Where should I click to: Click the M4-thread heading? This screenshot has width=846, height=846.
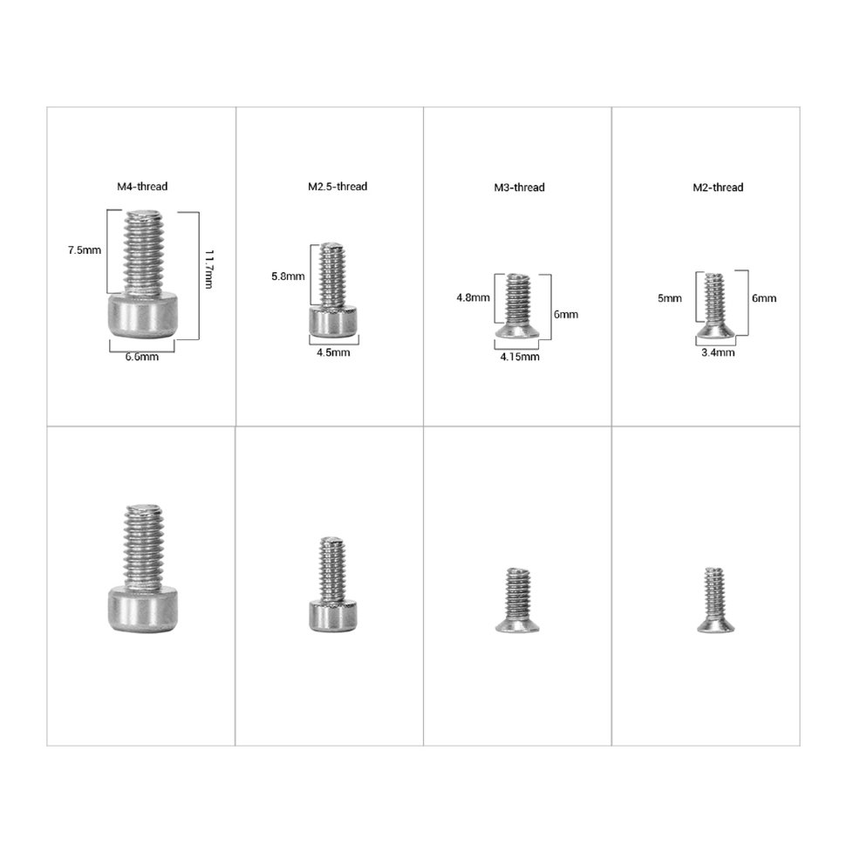pos(142,186)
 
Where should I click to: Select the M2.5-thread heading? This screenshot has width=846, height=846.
pos(338,186)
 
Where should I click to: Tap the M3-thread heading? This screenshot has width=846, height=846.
pos(518,188)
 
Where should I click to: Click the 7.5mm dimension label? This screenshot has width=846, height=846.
pos(85,250)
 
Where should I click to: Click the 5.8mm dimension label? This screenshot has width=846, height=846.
pos(288,276)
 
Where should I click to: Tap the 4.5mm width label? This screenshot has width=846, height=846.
pos(332,352)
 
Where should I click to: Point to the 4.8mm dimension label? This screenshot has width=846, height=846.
pos(473,297)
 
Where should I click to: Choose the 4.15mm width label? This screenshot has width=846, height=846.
pos(520,356)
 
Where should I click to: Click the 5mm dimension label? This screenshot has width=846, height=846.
pos(670,297)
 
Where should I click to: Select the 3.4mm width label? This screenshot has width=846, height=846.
pos(718,352)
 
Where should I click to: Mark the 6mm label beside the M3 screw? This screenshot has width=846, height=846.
pos(565,315)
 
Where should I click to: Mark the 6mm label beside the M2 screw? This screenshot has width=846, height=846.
pos(763,297)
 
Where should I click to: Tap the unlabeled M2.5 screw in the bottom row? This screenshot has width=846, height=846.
pos(332,584)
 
